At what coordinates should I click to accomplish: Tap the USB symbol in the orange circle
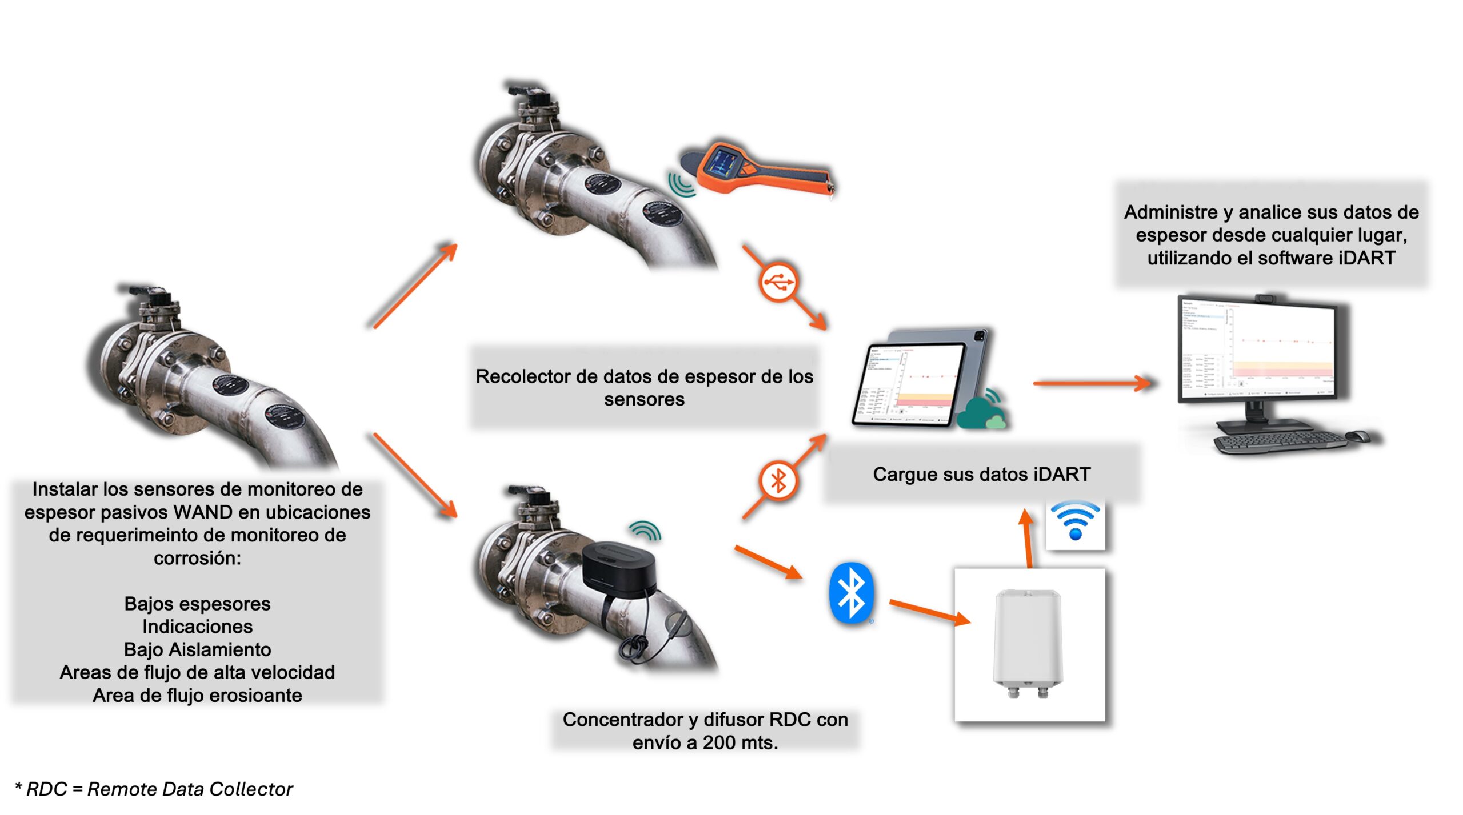click(778, 282)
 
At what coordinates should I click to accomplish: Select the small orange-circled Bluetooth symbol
click(778, 480)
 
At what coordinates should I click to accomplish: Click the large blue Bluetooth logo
click(852, 592)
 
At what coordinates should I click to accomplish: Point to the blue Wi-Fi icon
click(1075, 520)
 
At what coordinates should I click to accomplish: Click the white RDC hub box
click(1028, 643)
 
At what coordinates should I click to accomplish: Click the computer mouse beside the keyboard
click(1360, 436)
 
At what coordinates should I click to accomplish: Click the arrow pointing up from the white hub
click(1028, 537)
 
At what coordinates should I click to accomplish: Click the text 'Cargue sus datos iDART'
click(981, 474)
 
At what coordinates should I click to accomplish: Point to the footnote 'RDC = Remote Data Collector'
click(159, 789)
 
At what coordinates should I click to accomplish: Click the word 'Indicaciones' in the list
click(197, 627)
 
